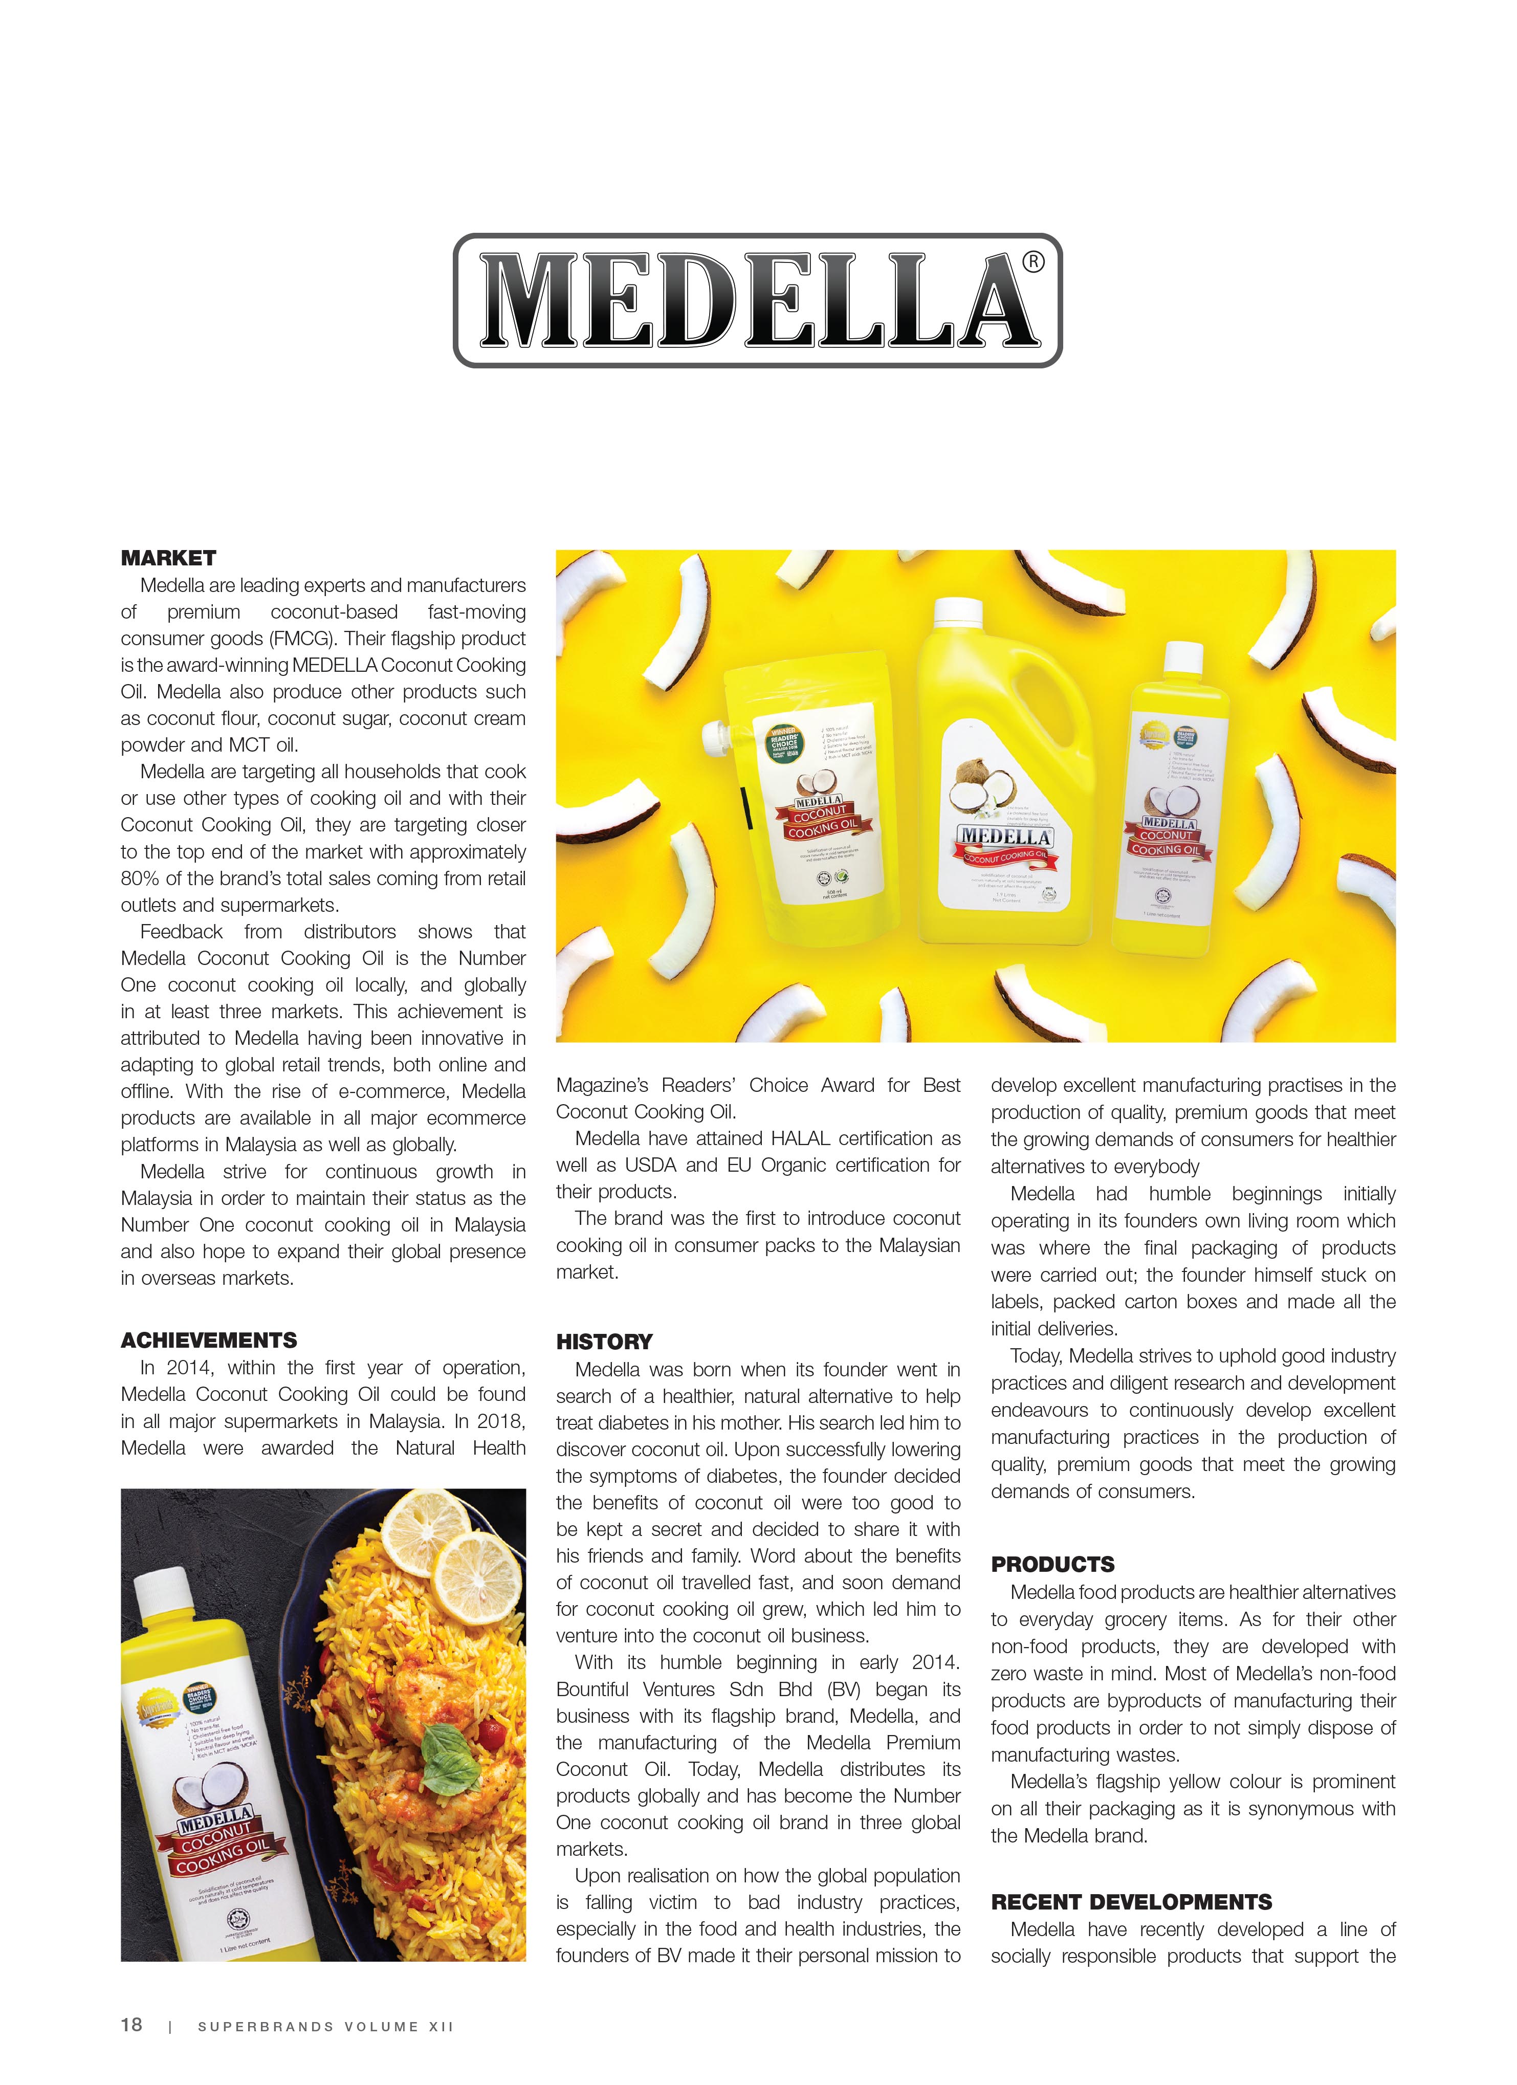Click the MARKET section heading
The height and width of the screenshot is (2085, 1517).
pos(168,558)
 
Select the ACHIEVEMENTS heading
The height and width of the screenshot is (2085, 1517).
pos(209,1340)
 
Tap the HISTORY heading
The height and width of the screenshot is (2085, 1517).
pos(604,1341)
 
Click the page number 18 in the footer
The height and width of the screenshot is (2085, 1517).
pos(131,2024)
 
